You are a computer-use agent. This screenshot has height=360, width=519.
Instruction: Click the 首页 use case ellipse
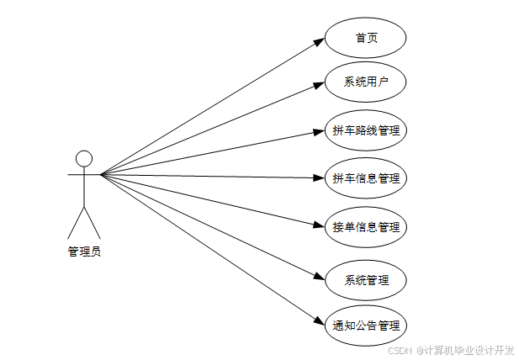tap(365, 39)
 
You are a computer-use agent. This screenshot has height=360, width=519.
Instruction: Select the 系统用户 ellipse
tap(365, 82)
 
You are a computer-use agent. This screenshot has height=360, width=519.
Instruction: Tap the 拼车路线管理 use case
tap(365, 130)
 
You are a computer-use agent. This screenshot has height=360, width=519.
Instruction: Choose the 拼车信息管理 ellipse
tap(365, 178)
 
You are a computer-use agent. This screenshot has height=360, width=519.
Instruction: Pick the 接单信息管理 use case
tap(365, 227)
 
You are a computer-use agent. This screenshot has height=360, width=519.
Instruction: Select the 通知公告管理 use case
tap(365, 326)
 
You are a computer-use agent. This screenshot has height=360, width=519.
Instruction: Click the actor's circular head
tap(84, 158)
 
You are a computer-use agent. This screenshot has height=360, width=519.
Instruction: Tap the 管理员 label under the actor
tap(84, 251)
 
